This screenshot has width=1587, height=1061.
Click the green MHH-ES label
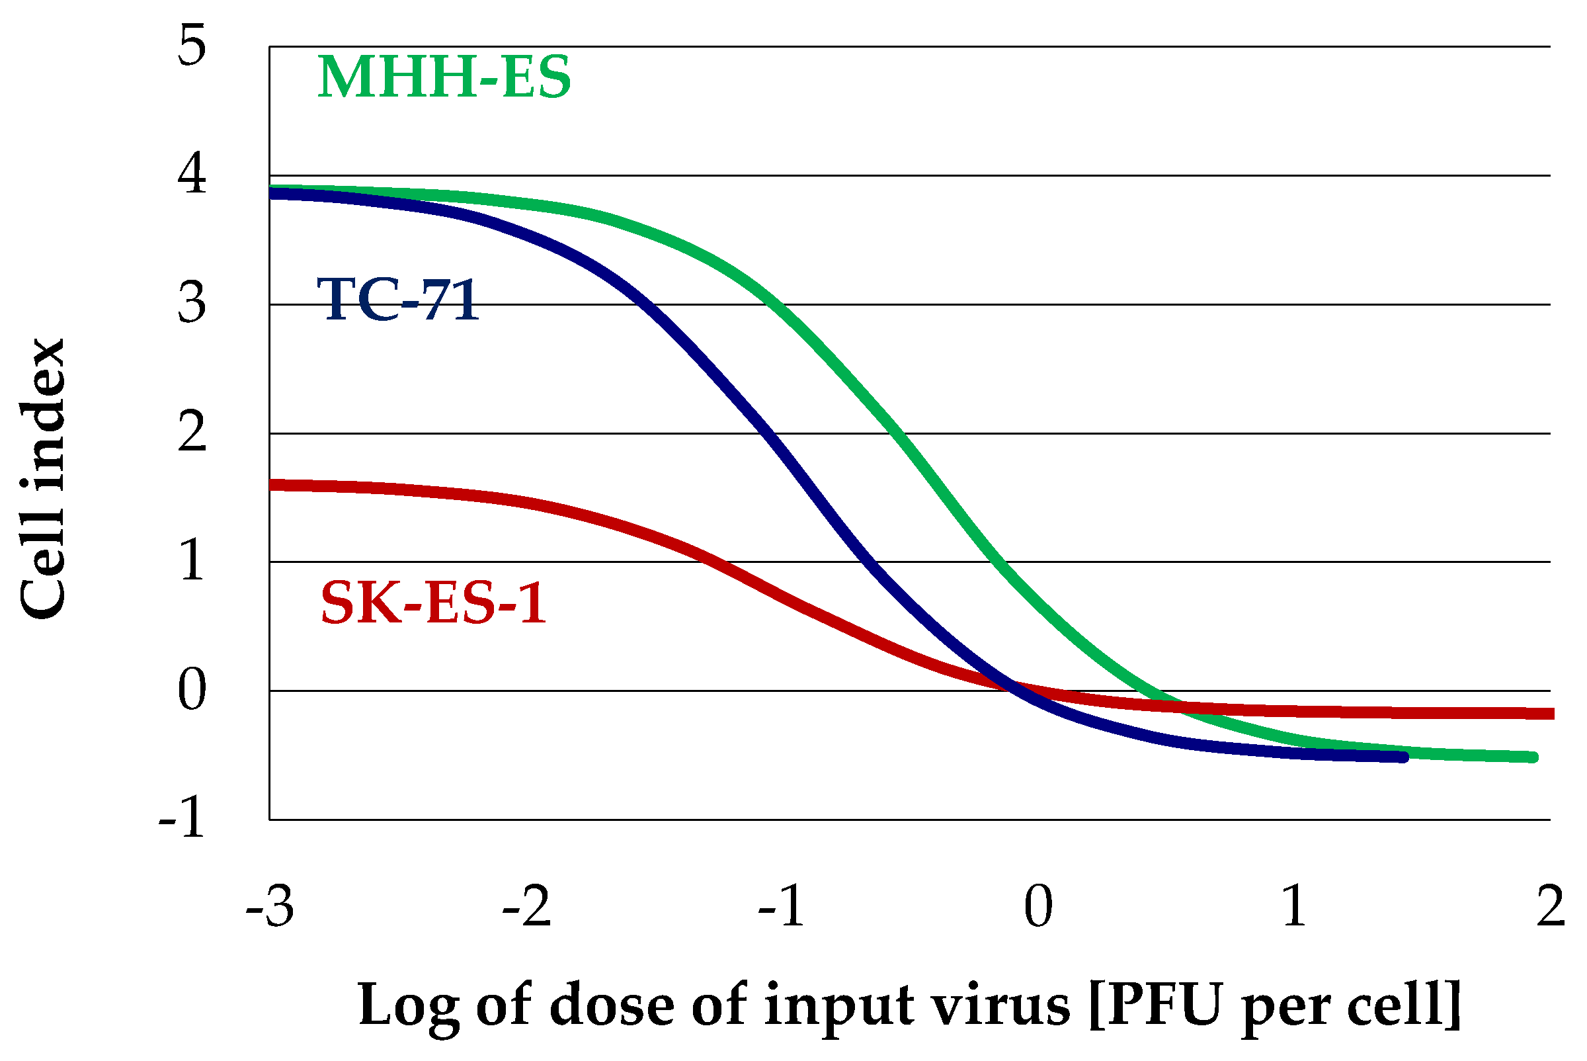444,78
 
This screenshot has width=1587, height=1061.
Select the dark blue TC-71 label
398,299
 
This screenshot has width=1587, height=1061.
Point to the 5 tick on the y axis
192,47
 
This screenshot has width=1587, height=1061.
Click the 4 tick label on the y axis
192,175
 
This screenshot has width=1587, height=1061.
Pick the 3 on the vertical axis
192,303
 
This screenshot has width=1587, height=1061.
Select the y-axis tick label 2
192,433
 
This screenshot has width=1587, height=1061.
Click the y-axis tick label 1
192,561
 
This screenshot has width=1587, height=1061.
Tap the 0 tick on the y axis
192,690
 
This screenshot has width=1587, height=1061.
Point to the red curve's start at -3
272,484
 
